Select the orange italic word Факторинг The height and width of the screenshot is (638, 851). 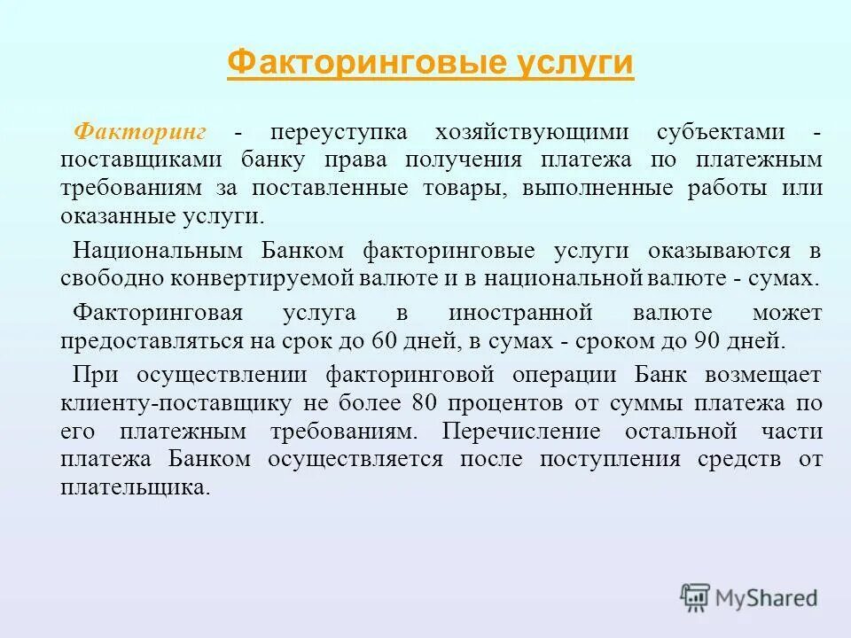[x=140, y=131]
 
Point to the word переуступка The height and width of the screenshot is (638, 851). [x=340, y=131]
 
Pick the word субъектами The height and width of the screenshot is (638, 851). [x=721, y=131]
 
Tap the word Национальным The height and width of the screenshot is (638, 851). [x=155, y=250]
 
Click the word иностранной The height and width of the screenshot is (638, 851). [x=519, y=313]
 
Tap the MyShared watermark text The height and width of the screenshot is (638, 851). [x=763, y=597]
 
